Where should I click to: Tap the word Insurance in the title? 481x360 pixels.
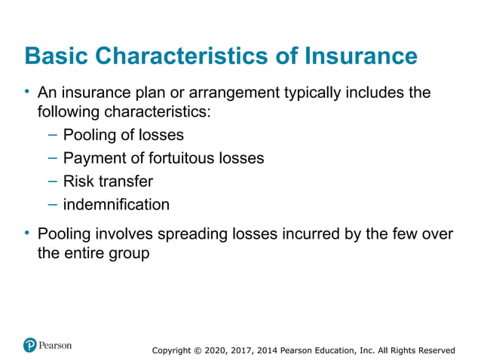coord(360,56)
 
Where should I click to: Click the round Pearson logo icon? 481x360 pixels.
coord(30,345)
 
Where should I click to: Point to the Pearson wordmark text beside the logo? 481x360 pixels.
coord(57,345)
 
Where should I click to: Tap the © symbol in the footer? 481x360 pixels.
coord(199,350)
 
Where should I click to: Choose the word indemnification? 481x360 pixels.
coord(116,204)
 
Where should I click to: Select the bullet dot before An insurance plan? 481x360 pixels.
coord(26,92)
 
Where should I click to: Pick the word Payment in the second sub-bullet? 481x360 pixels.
coord(91,159)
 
